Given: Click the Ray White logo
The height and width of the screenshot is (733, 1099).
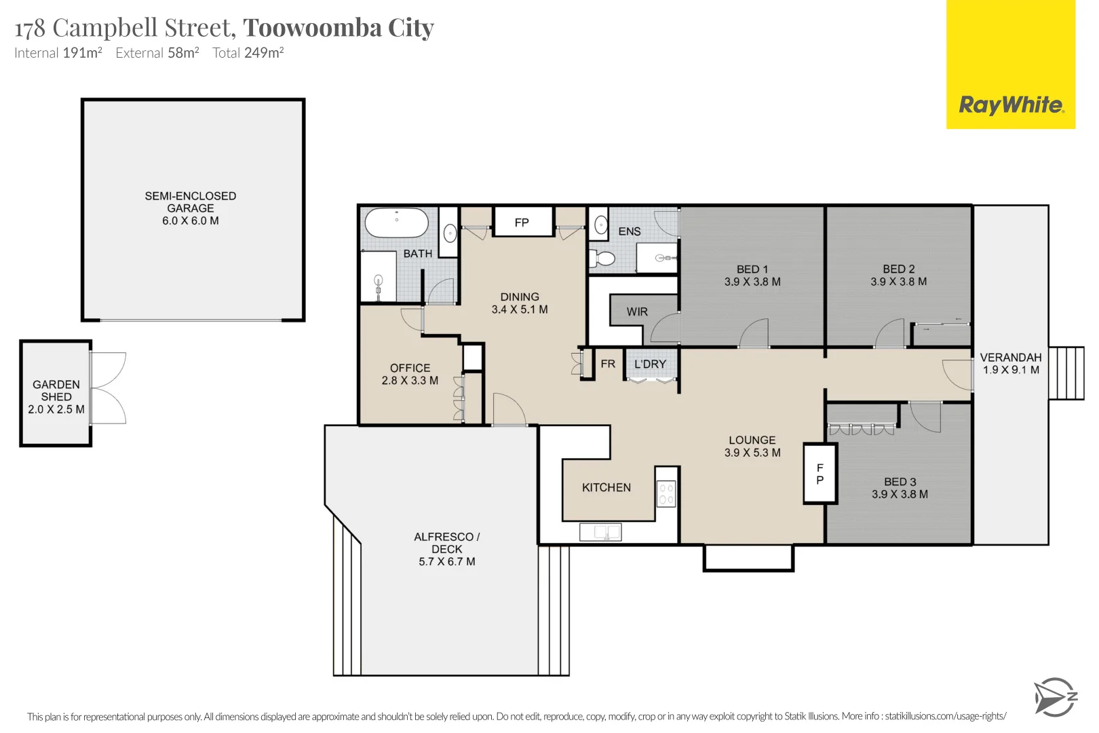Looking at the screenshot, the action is pos(1011,64).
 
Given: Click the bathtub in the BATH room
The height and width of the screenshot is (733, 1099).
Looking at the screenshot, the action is pos(396,223).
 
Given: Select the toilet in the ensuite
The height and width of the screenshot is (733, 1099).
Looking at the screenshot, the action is pos(602,258).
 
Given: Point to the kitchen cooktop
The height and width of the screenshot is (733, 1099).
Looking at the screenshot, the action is pos(666,493).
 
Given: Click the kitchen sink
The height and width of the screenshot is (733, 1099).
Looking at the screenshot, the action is pos(600,532).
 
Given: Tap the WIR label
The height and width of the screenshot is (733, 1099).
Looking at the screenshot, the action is pos(637,312).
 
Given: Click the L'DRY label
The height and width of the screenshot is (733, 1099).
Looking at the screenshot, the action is pos(650,364).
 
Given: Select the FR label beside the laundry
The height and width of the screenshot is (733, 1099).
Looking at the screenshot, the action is pos(608,364).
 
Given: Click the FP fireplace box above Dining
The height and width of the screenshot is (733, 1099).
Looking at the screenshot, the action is pos(522,222).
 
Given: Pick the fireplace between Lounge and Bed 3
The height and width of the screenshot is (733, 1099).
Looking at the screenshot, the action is pos(820,474).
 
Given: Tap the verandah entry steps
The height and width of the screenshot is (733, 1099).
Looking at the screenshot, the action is pos(1066,373).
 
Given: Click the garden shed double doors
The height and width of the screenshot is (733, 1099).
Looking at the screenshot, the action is pos(108,388).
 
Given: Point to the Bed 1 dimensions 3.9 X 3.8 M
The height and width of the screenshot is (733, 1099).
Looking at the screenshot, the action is pos(752,282).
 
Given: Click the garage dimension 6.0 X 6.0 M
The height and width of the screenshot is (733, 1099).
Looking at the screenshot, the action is pos(191,221).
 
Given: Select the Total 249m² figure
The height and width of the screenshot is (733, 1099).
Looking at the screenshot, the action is pos(248,52).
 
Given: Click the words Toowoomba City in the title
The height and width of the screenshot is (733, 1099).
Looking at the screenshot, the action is pos(339,28).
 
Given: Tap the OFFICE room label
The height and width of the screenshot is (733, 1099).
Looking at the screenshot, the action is pos(410,369).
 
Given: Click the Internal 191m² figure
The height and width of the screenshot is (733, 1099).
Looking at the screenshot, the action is pos(58,52).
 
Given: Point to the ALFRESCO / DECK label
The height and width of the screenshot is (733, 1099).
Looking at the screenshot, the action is pos(447,543).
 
